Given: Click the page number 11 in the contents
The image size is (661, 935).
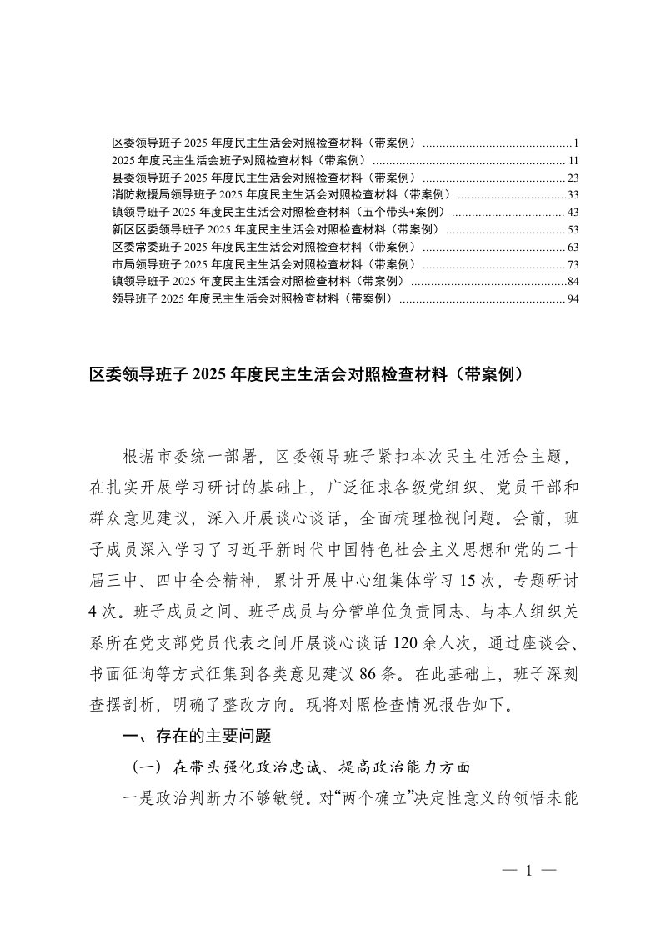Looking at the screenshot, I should (573, 160).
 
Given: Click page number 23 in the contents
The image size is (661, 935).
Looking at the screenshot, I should (573, 177).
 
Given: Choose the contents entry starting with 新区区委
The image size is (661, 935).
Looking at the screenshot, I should (275, 230).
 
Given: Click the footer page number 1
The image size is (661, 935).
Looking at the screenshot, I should (529, 870).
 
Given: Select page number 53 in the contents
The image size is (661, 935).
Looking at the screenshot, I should (573, 230).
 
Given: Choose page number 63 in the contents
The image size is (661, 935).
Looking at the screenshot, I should (573, 247).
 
